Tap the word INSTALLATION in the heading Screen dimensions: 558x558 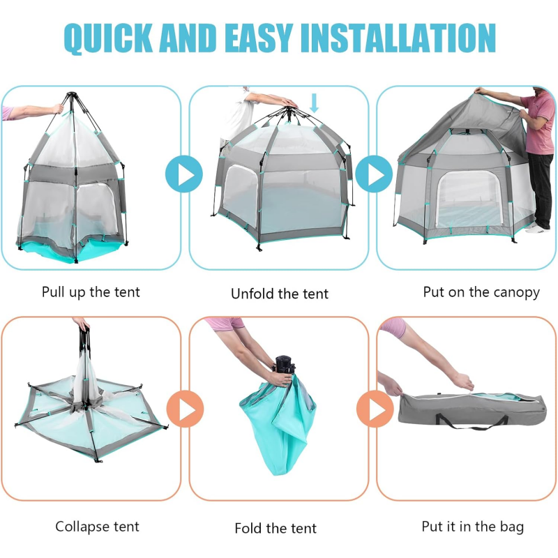pyautogui.click(x=398, y=38)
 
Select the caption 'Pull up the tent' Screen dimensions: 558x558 pyautogui.click(x=91, y=292)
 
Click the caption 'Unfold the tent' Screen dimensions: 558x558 pyautogui.click(x=280, y=294)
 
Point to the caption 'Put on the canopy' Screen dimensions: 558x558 pyautogui.click(x=481, y=292)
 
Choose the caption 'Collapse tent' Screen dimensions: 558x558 pyautogui.click(x=97, y=527)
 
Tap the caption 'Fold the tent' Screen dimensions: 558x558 pyautogui.click(x=276, y=528)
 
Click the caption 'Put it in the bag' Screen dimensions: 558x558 pyautogui.click(x=473, y=527)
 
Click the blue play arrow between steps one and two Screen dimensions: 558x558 pyautogui.click(x=184, y=174)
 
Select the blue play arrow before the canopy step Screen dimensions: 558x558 pyautogui.click(x=374, y=174)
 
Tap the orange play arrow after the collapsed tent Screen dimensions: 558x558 pyautogui.click(x=185, y=409)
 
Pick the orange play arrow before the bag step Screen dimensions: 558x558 pyautogui.click(x=375, y=409)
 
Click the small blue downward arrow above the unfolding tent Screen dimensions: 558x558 pyautogui.click(x=314, y=103)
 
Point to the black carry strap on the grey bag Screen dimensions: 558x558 pyautogui.click(x=471, y=423)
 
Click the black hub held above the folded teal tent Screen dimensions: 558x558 pyautogui.click(x=284, y=365)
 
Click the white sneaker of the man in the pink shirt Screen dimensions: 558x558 pyautogui.click(x=537, y=229)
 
